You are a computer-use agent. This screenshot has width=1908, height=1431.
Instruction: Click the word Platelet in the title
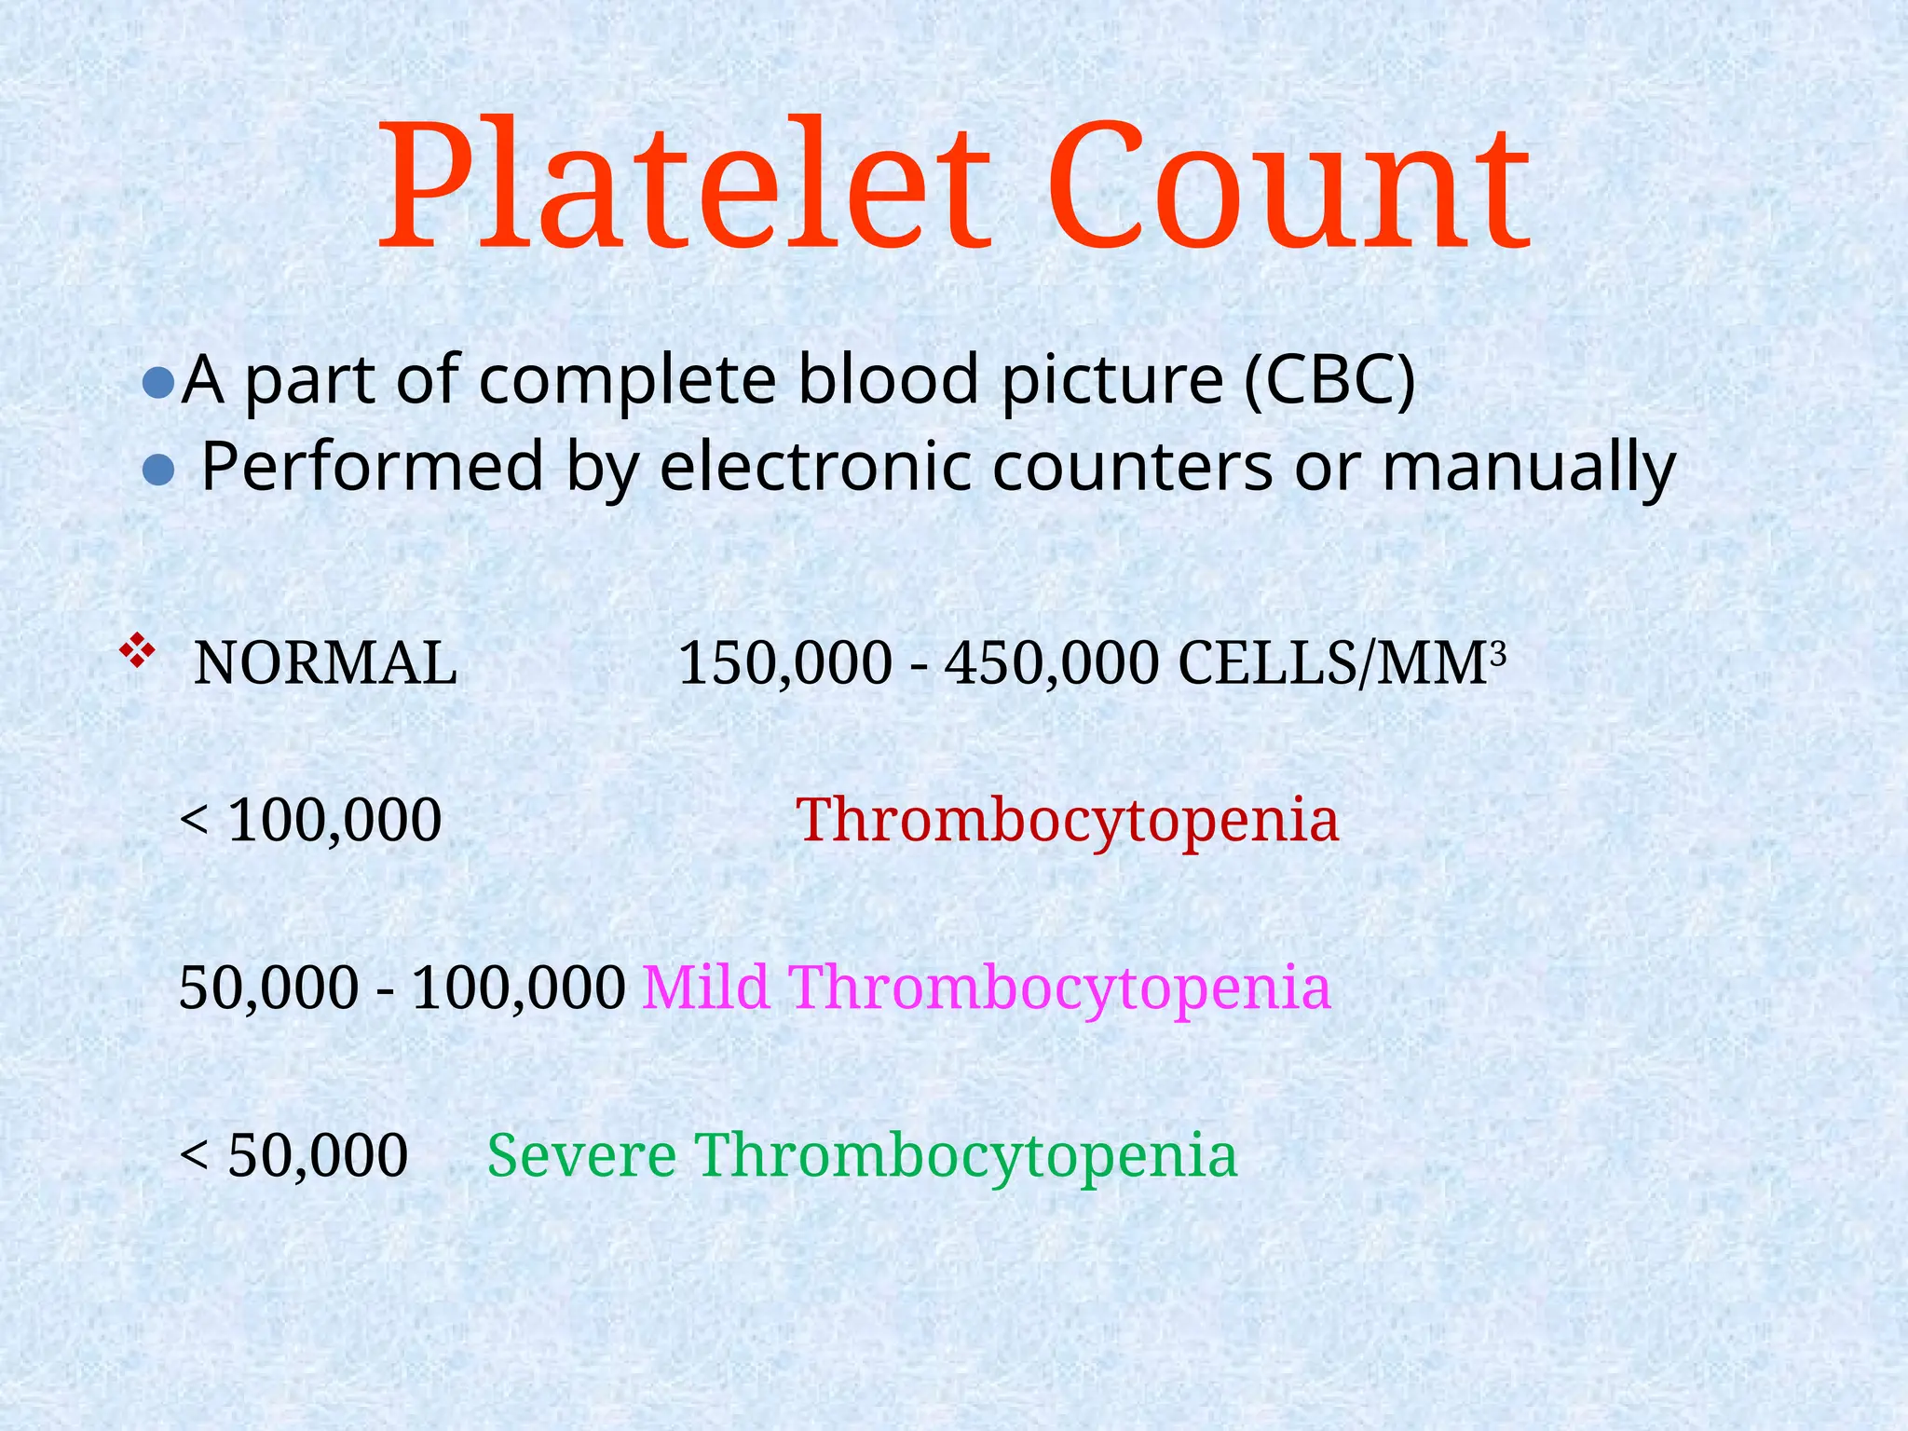[x=685, y=186]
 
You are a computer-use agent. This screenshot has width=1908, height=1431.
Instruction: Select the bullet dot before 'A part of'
[x=158, y=383]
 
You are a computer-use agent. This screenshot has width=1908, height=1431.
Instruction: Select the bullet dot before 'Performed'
[x=158, y=470]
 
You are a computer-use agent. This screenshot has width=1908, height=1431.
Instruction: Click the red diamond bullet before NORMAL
[x=137, y=650]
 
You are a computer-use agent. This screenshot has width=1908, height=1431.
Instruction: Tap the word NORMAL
[x=325, y=664]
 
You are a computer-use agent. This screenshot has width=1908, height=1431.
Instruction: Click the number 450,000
[x=1052, y=664]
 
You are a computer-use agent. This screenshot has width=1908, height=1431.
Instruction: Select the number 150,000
[x=784, y=664]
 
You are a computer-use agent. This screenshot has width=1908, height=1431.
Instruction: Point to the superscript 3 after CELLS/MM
[x=1498, y=654]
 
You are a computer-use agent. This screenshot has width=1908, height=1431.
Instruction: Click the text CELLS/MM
[x=1332, y=664]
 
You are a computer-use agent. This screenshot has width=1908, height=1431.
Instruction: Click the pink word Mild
[x=705, y=988]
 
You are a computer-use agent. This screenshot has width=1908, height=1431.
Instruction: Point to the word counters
[x=1131, y=466]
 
